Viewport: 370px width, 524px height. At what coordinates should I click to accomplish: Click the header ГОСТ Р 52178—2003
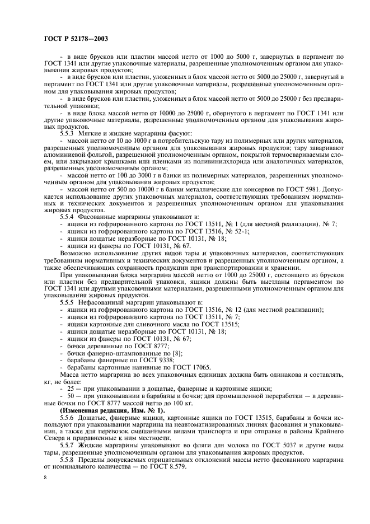pos(76,39)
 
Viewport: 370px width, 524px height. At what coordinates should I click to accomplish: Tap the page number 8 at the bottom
pos(46,477)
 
